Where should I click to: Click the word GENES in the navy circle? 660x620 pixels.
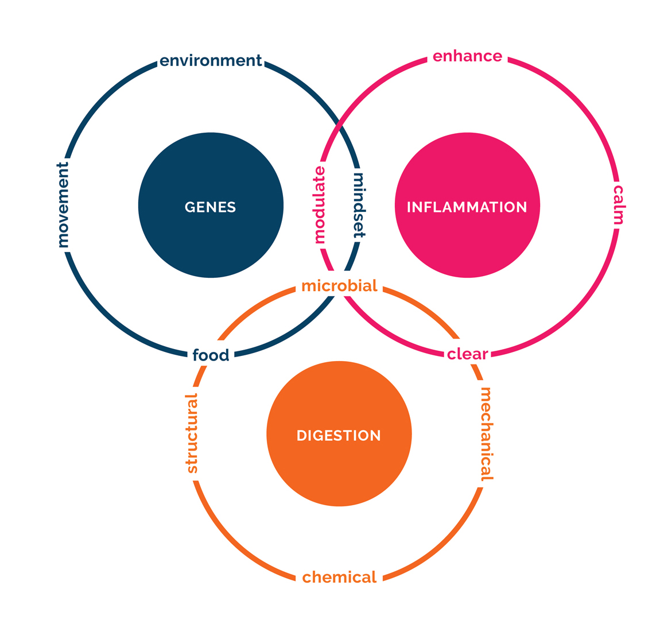tap(210, 207)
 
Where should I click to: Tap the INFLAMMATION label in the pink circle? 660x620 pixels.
tap(467, 207)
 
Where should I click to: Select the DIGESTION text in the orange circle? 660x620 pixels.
tap(339, 435)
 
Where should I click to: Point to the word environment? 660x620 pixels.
tap(211, 61)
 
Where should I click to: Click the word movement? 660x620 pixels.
tap(63, 205)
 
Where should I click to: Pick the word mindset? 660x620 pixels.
tap(359, 206)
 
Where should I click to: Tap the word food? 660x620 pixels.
tap(211, 355)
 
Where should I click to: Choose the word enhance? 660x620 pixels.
tap(467, 56)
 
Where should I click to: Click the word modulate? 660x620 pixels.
tap(320, 204)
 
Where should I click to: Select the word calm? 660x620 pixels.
tap(618, 204)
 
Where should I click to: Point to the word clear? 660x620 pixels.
tap(467, 354)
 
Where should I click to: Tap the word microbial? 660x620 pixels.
tap(339, 286)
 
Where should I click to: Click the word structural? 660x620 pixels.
tap(192, 433)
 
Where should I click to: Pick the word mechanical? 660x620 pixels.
tap(486, 435)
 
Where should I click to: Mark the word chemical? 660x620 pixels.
tap(339, 577)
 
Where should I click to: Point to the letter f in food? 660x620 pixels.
tap(196, 355)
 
